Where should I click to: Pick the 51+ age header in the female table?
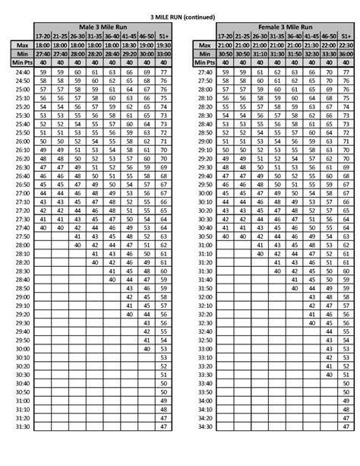pos(346,36)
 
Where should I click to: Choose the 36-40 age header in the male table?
pos(112,36)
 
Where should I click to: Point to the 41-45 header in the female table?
pos(311,36)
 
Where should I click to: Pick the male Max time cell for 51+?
pos(163,45)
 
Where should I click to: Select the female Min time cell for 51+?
pos(346,53)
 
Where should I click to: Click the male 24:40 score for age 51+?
pos(163,71)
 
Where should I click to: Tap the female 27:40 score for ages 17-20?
pos(226,71)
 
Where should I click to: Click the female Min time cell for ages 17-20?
pos(226,53)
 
